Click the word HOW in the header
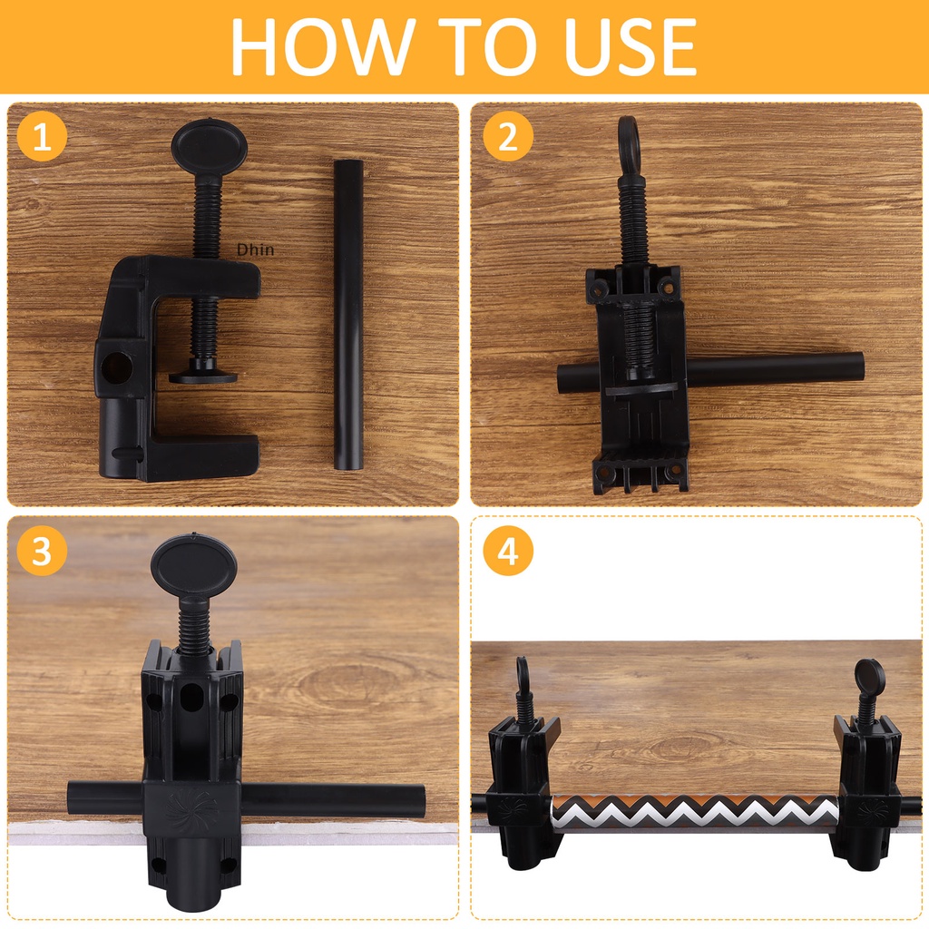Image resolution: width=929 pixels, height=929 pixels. (319, 46)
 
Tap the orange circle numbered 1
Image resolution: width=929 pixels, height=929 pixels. (42, 137)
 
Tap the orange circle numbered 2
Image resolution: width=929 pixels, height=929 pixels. (508, 137)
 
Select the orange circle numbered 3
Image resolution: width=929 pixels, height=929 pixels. (42, 551)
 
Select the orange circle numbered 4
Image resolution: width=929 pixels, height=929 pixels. (508, 551)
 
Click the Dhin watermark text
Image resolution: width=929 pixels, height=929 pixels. (255, 250)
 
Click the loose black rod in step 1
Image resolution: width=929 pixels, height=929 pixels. (347, 315)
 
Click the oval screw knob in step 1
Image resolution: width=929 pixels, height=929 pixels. (210, 145)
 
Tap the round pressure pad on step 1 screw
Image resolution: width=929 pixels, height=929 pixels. (203, 376)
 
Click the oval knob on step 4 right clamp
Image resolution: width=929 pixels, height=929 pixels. (870, 674)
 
